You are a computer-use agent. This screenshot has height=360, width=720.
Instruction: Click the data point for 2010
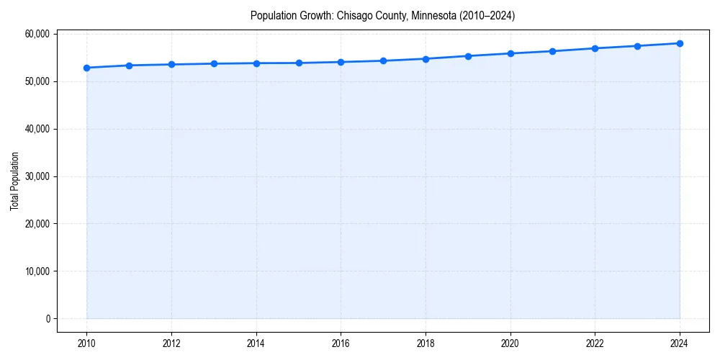click(x=86, y=68)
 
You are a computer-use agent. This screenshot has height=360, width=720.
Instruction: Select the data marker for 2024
click(x=680, y=43)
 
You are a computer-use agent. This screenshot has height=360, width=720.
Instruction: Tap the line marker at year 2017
click(x=383, y=60)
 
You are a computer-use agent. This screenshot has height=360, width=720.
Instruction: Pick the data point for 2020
click(x=510, y=53)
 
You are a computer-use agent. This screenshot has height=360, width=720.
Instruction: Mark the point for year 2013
click(x=214, y=63)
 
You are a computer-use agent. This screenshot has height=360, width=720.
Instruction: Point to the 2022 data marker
click(x=595, y=48)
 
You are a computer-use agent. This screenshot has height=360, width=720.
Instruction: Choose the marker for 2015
click(x=299, y=63)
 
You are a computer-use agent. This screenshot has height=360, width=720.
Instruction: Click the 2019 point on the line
click(x=468, y=56)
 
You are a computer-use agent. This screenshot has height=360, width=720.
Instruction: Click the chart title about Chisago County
click(x=382, y=15)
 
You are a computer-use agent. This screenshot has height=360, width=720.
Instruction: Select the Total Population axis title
click(x=14, y=181)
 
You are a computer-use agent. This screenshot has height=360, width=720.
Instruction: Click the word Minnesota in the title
click(x=433, y=15)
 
